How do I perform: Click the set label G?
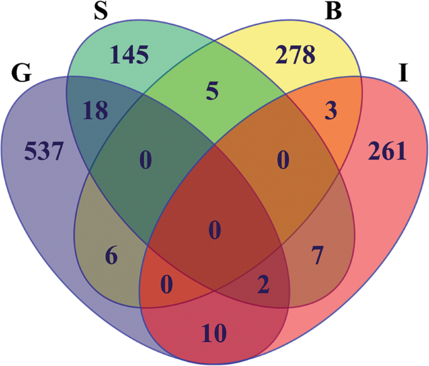[21, 74]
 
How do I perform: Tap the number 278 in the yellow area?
[295, 56]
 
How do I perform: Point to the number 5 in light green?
[212, 93]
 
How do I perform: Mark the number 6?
[110, 256]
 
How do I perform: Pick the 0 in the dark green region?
[145, 162]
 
